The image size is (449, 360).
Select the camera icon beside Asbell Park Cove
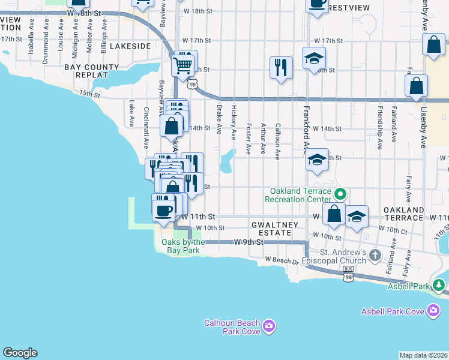pos(433,310)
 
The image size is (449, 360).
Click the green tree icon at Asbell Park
pos(439,285)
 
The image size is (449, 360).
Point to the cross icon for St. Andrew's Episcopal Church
pos(375,256)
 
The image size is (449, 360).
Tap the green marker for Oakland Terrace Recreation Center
pos(340,194)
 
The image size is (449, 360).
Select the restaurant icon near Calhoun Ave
pos(280,67)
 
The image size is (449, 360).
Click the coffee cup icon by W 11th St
pos(163,209)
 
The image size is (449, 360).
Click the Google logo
pos(19,353)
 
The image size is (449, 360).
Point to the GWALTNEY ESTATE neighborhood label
pos(274,229)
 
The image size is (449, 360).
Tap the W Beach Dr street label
pos(282,261)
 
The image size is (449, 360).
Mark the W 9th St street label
pos(249,242)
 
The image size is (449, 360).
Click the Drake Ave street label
pos(219,118)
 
